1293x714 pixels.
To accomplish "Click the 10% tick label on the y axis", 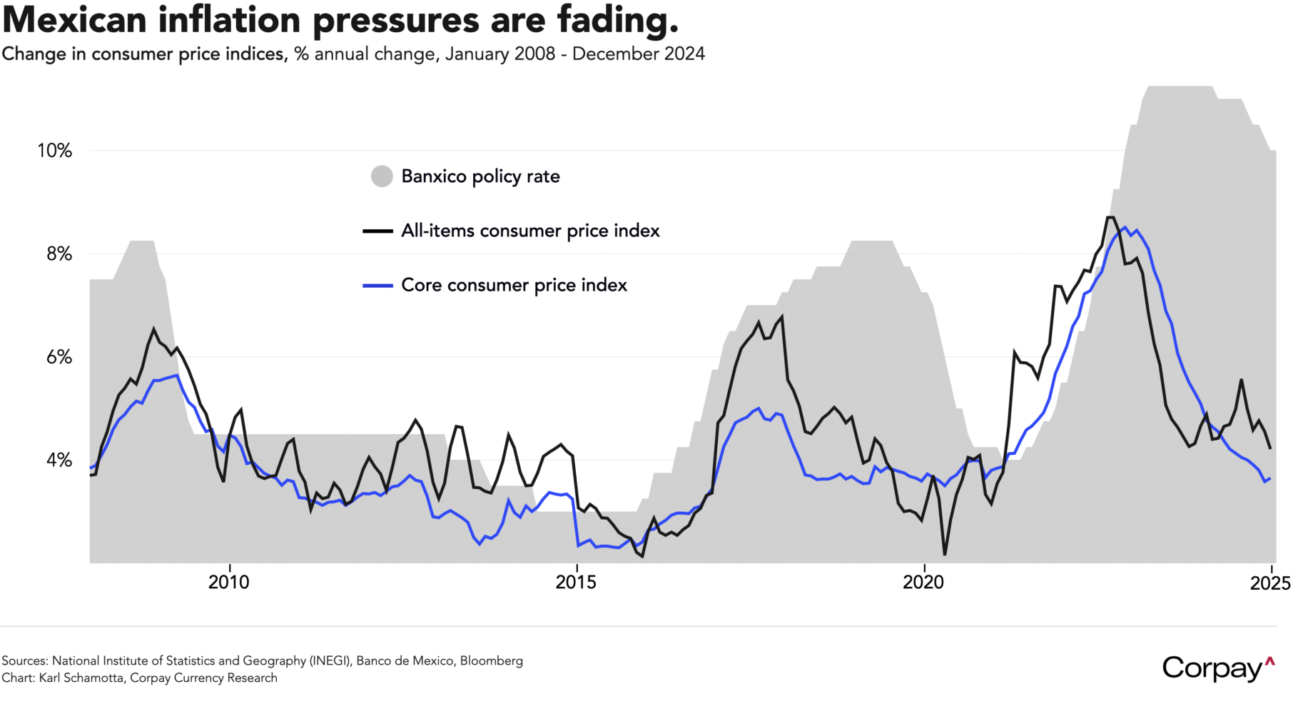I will coord(54,151).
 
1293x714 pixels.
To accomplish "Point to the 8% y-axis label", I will coord(59,254).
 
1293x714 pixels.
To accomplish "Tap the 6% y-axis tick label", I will coord(59,357).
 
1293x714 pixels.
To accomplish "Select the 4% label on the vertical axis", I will coord(59,460).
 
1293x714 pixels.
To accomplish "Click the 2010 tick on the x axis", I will coord(229,583).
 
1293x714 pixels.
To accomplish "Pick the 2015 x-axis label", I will coord(576,583).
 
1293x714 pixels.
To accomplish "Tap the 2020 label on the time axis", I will coord(923,583).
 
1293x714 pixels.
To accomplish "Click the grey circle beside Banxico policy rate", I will coord(382,176).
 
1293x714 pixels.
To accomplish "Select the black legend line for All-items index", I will coord(377,231).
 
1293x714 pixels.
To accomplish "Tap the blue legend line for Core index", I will coord(377,286).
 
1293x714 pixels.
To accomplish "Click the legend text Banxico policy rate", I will coord(480,176).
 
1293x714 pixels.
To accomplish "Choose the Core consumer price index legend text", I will coord(514,286).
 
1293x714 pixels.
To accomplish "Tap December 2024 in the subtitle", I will coord(638,54).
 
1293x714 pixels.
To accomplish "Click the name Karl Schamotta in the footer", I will coord(83,678).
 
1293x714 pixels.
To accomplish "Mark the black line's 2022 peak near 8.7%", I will coord(1110,217).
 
